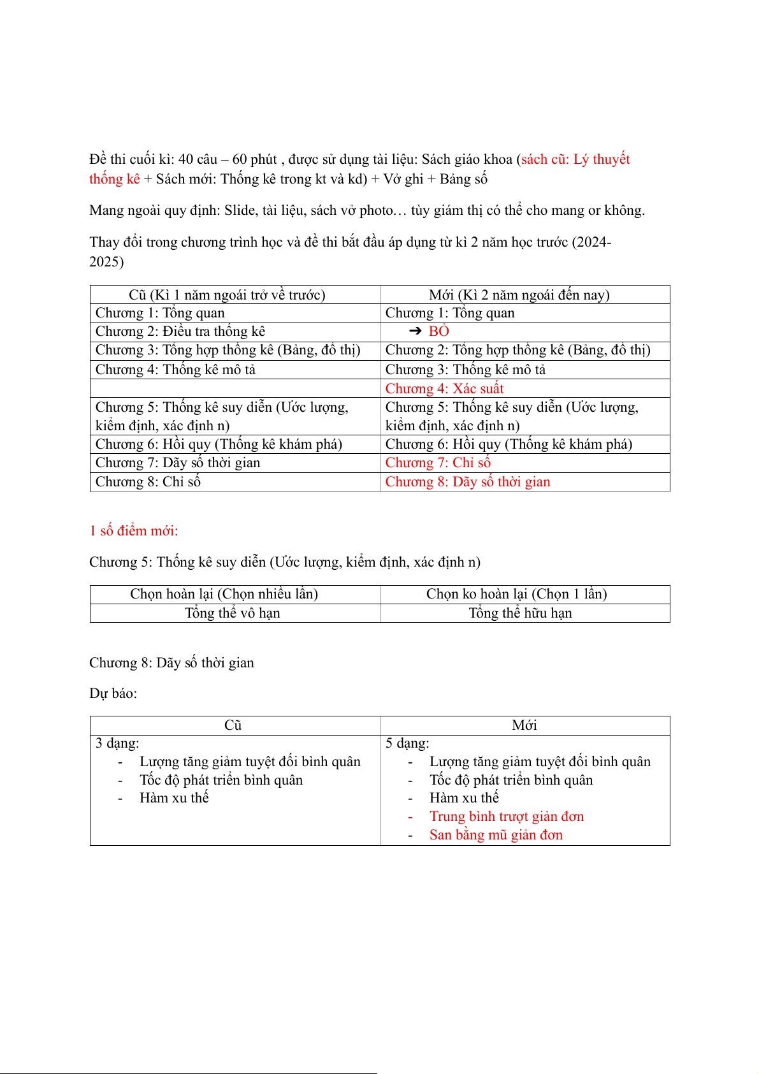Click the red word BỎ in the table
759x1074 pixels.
pos(439,331)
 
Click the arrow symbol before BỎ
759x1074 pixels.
pos(416,331)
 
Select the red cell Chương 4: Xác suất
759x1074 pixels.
pos(444,389)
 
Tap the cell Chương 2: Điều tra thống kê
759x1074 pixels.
pos(180,331)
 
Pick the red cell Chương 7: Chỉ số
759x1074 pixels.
pos(438,463)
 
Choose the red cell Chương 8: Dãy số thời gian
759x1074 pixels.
pos(468,482)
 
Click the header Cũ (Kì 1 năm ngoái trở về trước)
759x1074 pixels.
pos(227,295)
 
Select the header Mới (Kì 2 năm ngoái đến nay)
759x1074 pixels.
pos(519,295)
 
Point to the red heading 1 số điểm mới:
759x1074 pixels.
pos(134,531)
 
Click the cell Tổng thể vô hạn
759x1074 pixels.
pos(233,613)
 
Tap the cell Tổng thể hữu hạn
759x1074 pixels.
pos(520,613)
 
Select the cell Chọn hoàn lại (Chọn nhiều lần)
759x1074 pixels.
pos(224,594)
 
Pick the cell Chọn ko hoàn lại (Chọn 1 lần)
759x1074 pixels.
pos(516,594)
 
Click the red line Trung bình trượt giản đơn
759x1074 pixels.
pos(507,816)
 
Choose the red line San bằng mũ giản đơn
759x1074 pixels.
pos(496,835)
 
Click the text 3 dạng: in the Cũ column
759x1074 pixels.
pos(117,743)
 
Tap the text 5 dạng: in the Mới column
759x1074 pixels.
pos(407,743)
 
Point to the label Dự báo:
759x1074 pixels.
pos(113,693)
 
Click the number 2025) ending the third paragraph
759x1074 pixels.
pos(106,262)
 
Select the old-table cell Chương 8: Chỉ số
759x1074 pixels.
pos(148,482)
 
